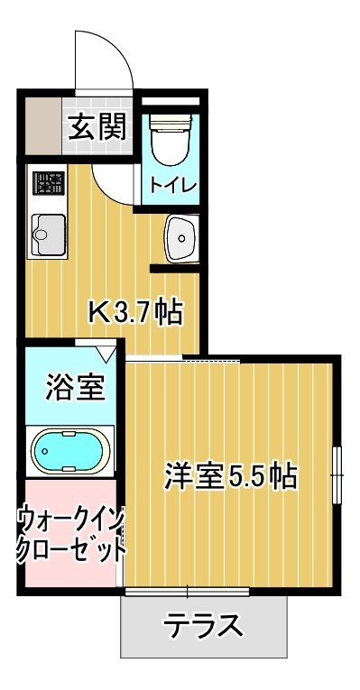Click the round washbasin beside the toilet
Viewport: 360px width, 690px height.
pos(181,238)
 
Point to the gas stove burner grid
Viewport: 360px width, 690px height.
pos(48,183)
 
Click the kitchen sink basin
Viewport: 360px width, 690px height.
pos(44,236)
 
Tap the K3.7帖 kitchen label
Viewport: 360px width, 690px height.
pos(135,313)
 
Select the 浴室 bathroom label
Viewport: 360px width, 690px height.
pos(77,389)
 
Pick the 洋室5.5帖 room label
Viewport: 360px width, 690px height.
pos(231,474)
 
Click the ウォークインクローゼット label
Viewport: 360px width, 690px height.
pos(69,534)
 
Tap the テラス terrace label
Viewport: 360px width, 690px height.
pos(204,625)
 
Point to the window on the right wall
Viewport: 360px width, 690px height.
pos(337,474)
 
